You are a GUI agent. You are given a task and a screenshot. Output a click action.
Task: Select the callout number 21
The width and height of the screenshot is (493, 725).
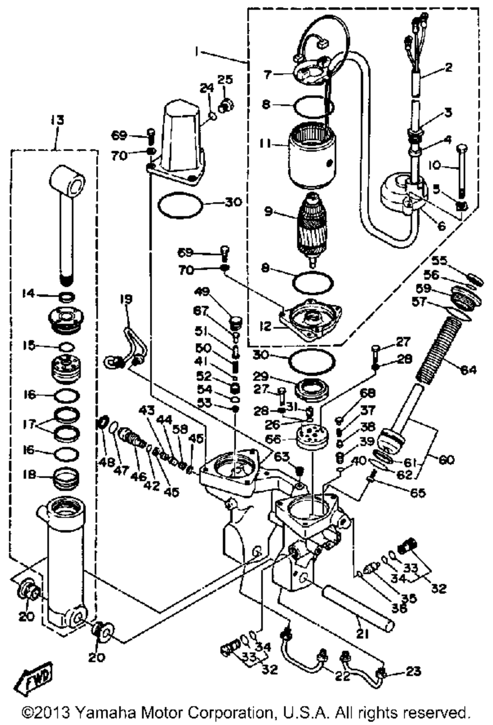[x=362, y=634]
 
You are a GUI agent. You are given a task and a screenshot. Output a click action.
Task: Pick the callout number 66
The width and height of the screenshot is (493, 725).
[x=274, y=438]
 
